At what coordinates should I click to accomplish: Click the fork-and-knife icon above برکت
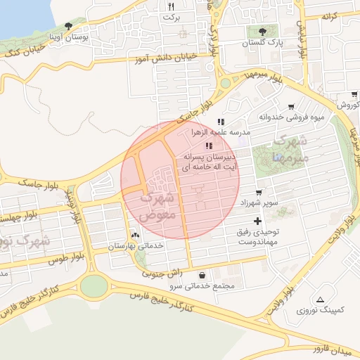click(169, 6)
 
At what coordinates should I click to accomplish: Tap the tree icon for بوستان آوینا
click(68, 26)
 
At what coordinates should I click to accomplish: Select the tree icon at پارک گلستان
click(263, 31)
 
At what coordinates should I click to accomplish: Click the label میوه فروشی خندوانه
click(291, 117)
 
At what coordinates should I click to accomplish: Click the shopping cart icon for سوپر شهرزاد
click(259, 192)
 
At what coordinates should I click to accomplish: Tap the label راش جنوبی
click(162, 272)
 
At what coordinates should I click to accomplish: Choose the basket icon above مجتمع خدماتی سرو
click(203, 275)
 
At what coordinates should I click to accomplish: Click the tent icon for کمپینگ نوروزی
click(321, 300)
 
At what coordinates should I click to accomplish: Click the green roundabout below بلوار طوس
click(94, 285)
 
